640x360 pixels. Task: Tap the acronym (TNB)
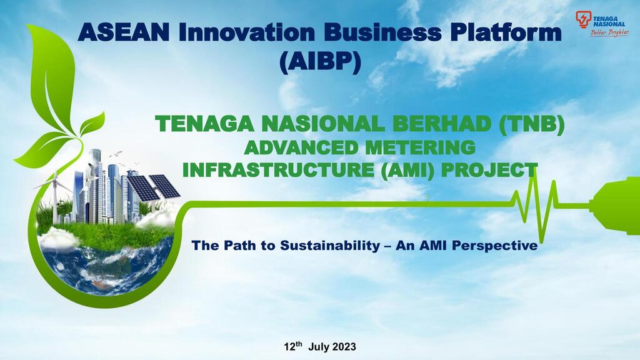(532, 125)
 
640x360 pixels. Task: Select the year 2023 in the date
(343, 346)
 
